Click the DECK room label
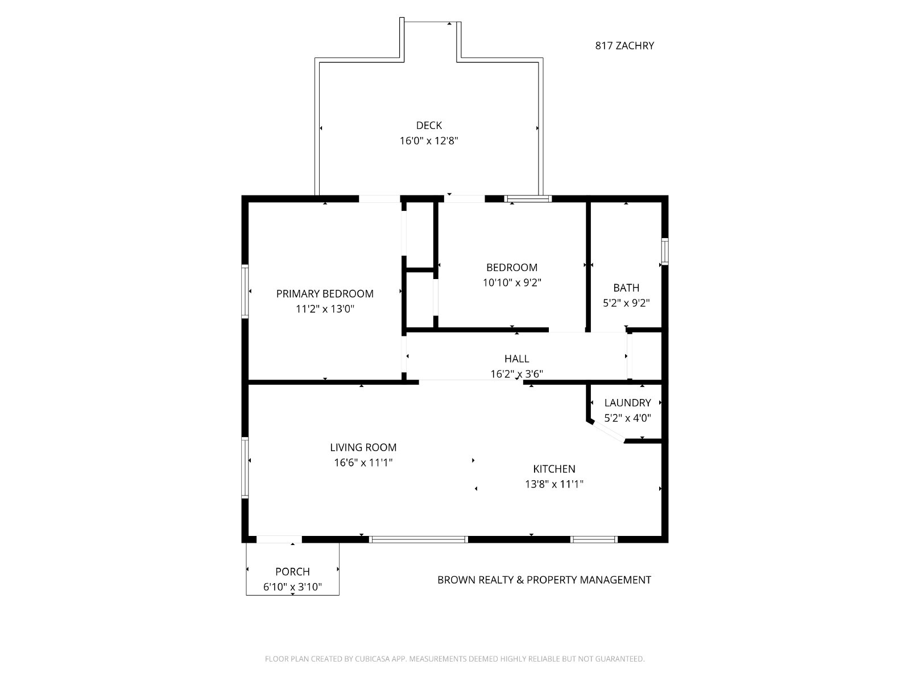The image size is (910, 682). [x=429, y=125]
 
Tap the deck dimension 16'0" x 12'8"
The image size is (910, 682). [x=429, y=141]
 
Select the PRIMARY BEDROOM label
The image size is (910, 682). [x=325, y=294]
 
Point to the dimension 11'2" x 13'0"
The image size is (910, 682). [x=325, y=309]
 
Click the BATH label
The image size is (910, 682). [x=626, y=288]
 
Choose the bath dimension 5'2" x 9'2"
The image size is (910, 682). [x=626, y=303]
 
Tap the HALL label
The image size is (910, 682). [x=516, y=359]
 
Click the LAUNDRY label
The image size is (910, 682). [x=627, y=402]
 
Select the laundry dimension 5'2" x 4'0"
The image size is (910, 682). [x=627, y=418]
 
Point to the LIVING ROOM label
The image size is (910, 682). [x=363, y=447]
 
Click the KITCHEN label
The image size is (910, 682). [x=554, y=469]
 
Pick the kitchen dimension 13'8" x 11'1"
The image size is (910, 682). [x=554, y=484]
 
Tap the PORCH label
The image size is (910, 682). [x=292, y=571]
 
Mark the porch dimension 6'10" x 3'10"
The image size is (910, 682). [x=292, y=587]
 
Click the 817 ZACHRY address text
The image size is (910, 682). [x=624, y=45]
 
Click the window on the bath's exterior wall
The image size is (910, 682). [x=664, y=251]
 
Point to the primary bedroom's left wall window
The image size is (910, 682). [x=245, y=292]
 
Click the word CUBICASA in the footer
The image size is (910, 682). [x=373, y=659]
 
